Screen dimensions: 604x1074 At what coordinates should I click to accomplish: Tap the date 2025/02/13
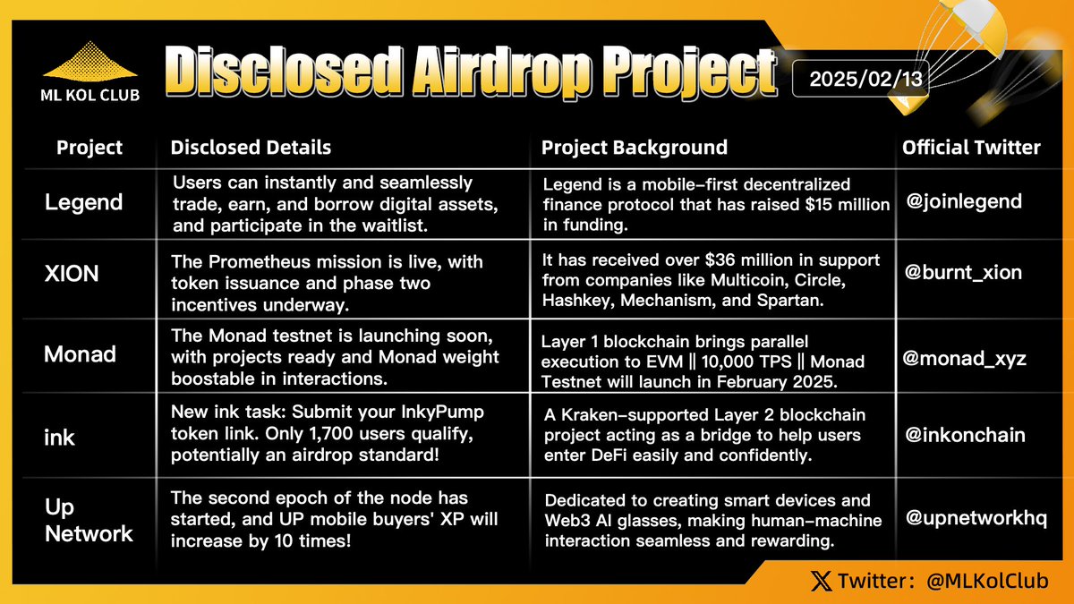coord(860,78)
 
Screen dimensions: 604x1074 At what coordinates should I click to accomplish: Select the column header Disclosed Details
coord(251,148)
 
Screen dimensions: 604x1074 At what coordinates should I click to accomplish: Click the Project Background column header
coord(634,148)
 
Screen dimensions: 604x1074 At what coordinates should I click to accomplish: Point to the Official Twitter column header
coord(971,148)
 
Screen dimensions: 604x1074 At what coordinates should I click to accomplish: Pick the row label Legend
coord(83,202)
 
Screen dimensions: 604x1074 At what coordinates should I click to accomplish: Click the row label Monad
coord(80,354)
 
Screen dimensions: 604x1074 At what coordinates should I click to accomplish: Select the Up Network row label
coord(89,522)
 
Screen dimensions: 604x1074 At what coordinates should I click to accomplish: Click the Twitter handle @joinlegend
coord(962,201)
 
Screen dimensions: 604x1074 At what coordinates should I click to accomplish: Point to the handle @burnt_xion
coord(962,273)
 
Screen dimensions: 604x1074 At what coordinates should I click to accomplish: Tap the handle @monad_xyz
coord(965,359)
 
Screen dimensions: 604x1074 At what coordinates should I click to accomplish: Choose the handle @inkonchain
coord(965,436)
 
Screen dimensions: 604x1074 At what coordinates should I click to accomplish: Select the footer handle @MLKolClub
coord(987,582)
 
